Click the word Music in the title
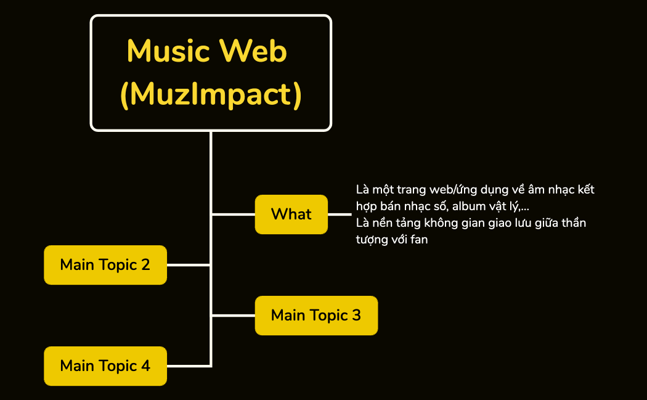(x=168, y=51)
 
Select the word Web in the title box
(x=253, y=51)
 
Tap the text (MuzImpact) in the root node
(x=211, y=94)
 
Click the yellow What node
(x=291, y=214)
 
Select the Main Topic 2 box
(x=105, y=265)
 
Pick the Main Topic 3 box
(x=317, y=316)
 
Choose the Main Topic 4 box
(x=105, y=366)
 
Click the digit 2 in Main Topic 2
(x=145, y=264)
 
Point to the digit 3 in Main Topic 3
(x=357, y=315)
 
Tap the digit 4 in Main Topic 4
(x=145, y=365)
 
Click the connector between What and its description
(x=340, y=214)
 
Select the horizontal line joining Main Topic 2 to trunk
(x=189, y=265)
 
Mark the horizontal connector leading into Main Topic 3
(x=233, y=316)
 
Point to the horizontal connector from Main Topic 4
(x=189, y=366)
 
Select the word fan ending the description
(x=419, y=239)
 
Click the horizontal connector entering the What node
(x=233, y=214)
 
